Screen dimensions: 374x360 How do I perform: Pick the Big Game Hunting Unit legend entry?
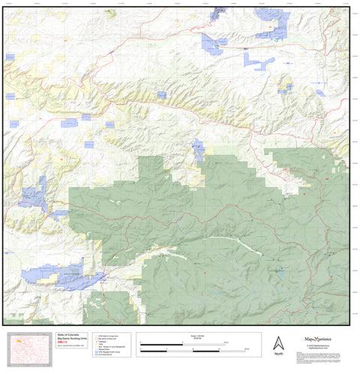click(x=109, y=338)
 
